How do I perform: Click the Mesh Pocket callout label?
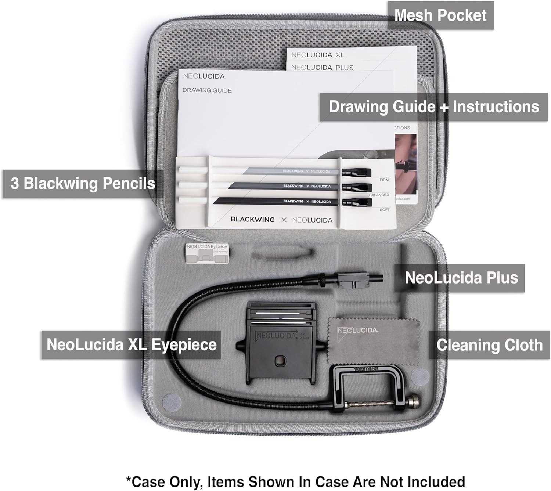tap(440, 15)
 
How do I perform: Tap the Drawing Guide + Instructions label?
tap(433, 107)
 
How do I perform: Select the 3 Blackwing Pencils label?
tap(83, 184)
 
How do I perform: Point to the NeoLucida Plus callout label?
tap(461, 278)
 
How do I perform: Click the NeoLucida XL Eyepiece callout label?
tap(131, 345)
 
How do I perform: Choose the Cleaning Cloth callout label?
tap(489, 345)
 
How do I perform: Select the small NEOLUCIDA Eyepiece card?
tap(207, 253)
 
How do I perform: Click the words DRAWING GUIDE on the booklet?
tap(207, 90)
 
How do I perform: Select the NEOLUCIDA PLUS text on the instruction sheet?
tap(322, 68)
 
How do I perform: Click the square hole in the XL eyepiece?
tap(280, 361)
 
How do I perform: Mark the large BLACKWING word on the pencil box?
tap(253, 220)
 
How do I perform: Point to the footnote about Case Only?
tap(295, 481)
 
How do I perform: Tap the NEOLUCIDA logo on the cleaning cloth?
tap(358, 331)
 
